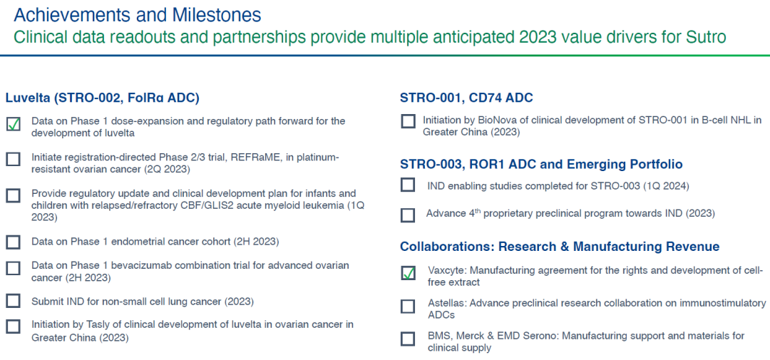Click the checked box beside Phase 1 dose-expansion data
coord(14,124)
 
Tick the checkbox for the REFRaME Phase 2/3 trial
coord(14,159)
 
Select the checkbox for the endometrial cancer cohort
coord(14,242)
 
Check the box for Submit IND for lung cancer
coord(14,301)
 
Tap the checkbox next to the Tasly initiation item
coord(14,326)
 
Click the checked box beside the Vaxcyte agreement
coord(408,273)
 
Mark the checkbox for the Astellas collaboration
coord(408,307)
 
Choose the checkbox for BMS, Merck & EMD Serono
coord(408,339)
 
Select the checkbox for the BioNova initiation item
coord(408,121)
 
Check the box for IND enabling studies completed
coord(408,185)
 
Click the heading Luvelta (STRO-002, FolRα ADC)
coord(102,98)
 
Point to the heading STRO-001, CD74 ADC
coord(466,98)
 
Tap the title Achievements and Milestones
coord(138,15)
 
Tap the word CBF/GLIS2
coord(207,205)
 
